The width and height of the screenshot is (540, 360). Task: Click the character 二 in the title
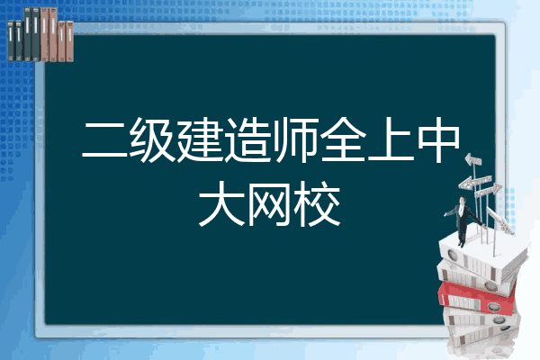[x=104, y=139]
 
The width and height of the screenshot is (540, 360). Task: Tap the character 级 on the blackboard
[x=152, y=139]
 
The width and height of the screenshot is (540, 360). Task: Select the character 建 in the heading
[x=200, y=139]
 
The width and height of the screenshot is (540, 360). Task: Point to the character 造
[x=247, y=139]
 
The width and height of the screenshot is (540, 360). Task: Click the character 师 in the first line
[x=295, y=139]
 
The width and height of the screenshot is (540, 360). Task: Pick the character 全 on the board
[x=343, y=139]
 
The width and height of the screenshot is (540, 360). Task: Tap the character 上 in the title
[x=391, y=139]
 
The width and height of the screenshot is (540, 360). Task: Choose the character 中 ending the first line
[x=438, y=139]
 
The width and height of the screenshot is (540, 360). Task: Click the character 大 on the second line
[x=221, y=204]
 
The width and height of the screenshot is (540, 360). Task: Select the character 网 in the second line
[x=269, y=204]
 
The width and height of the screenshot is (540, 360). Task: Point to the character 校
[x=317, y=204]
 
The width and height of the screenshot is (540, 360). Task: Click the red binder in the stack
[x=476, y=297]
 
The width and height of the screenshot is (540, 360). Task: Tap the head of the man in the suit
[x=463, y=200]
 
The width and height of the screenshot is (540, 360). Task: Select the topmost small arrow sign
[x=473, y=159]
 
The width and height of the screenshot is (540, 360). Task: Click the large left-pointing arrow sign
[x=475, y=182]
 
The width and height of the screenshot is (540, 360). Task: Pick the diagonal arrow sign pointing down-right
[x=500, y=220]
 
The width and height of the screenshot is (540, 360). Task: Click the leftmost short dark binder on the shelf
[x=11, y=40]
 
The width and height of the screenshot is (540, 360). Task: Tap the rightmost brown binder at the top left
[x=69, y=41]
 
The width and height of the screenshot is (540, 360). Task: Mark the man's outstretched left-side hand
[x=445, y=214]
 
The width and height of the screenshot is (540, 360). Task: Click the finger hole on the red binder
[x=493, y=306]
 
